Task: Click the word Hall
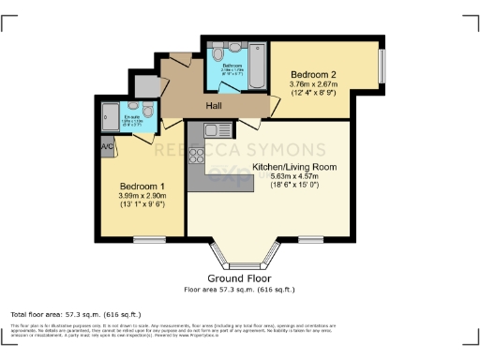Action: [x=215, y=105]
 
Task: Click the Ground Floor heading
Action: [x=239, y=279]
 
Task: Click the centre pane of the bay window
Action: [x=245, y=262]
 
